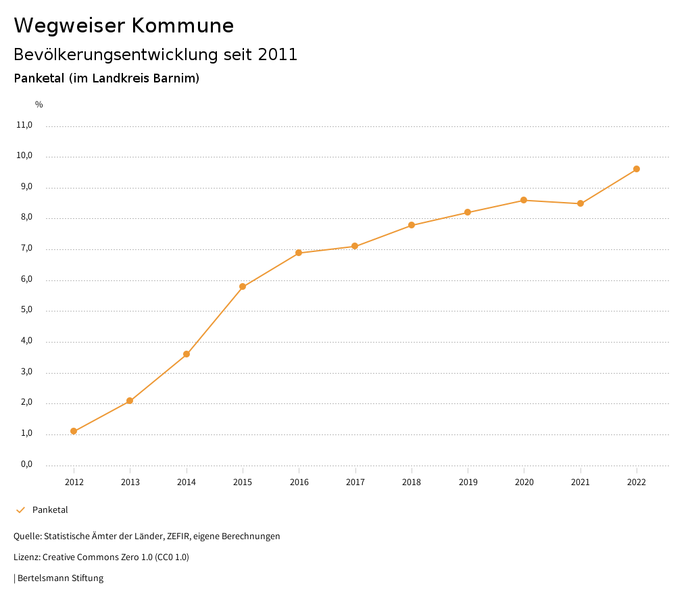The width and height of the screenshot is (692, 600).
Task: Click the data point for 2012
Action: (74, 431)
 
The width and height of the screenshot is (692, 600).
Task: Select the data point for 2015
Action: (243, 286)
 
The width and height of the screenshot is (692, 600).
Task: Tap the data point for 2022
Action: (637, 169)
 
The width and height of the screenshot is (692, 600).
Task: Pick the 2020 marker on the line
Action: (524, 200)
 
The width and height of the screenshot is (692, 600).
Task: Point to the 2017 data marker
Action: (355, 246)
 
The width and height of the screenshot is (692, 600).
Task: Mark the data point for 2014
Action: (187, 354)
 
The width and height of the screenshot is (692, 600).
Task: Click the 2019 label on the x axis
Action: (468, 482)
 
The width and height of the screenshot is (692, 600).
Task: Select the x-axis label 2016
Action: (299, 482)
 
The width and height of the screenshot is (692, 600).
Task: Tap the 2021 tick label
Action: (580, 482)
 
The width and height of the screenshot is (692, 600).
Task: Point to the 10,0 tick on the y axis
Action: (24, 155)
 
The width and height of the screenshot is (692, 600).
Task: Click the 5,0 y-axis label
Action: (26, 310)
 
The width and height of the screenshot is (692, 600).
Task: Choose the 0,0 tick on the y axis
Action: (26, 464)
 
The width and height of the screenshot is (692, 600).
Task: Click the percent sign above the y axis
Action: (39, 105)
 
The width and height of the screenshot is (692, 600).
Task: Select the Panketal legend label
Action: (50, 510)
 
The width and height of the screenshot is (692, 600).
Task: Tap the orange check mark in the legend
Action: (20, 510)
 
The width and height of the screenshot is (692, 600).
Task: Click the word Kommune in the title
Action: (182, 26)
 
